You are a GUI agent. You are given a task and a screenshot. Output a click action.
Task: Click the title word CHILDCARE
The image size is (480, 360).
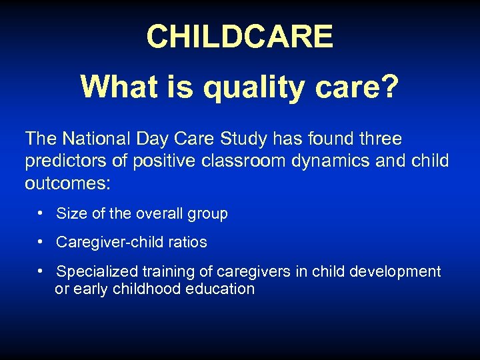tap(239, 37)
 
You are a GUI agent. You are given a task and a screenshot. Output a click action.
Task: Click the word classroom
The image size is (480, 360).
tap(219, 161)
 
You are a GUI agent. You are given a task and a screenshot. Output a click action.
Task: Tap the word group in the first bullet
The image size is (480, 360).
tap(207, 214)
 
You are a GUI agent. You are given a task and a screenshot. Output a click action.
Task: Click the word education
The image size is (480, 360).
tap(221, 289)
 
